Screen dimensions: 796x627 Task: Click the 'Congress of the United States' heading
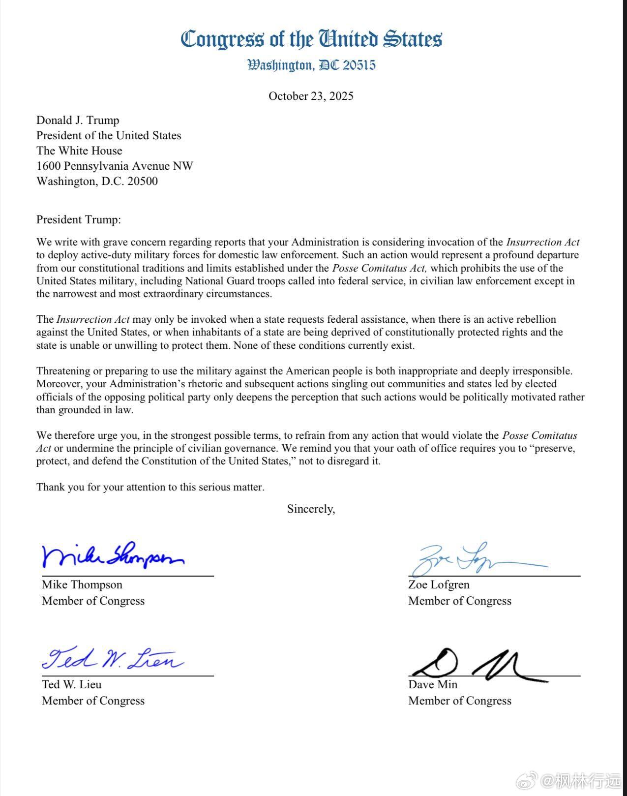[311, 39]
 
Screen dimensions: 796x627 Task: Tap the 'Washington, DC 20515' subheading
[311, 65]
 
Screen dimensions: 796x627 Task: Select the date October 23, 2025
[311, 96]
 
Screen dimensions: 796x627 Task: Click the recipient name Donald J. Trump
[78, 121]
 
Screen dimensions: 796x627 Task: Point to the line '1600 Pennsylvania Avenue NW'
[115, 166]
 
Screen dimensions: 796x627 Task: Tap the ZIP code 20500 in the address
[143, 182]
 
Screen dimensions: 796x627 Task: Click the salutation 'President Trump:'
[78, 220]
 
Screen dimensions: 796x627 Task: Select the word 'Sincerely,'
[311, 509]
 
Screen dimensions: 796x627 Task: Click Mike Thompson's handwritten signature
[113, 557]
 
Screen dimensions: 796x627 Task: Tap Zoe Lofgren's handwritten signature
[472, 560]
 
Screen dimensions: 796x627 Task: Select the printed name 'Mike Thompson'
[82, 585]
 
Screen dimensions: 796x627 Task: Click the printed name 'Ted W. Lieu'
[72, 685]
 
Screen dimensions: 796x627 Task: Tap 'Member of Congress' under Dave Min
[460, 701]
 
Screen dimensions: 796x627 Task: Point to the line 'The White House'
[79, 151]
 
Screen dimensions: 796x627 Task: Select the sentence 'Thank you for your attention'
[150, 488]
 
